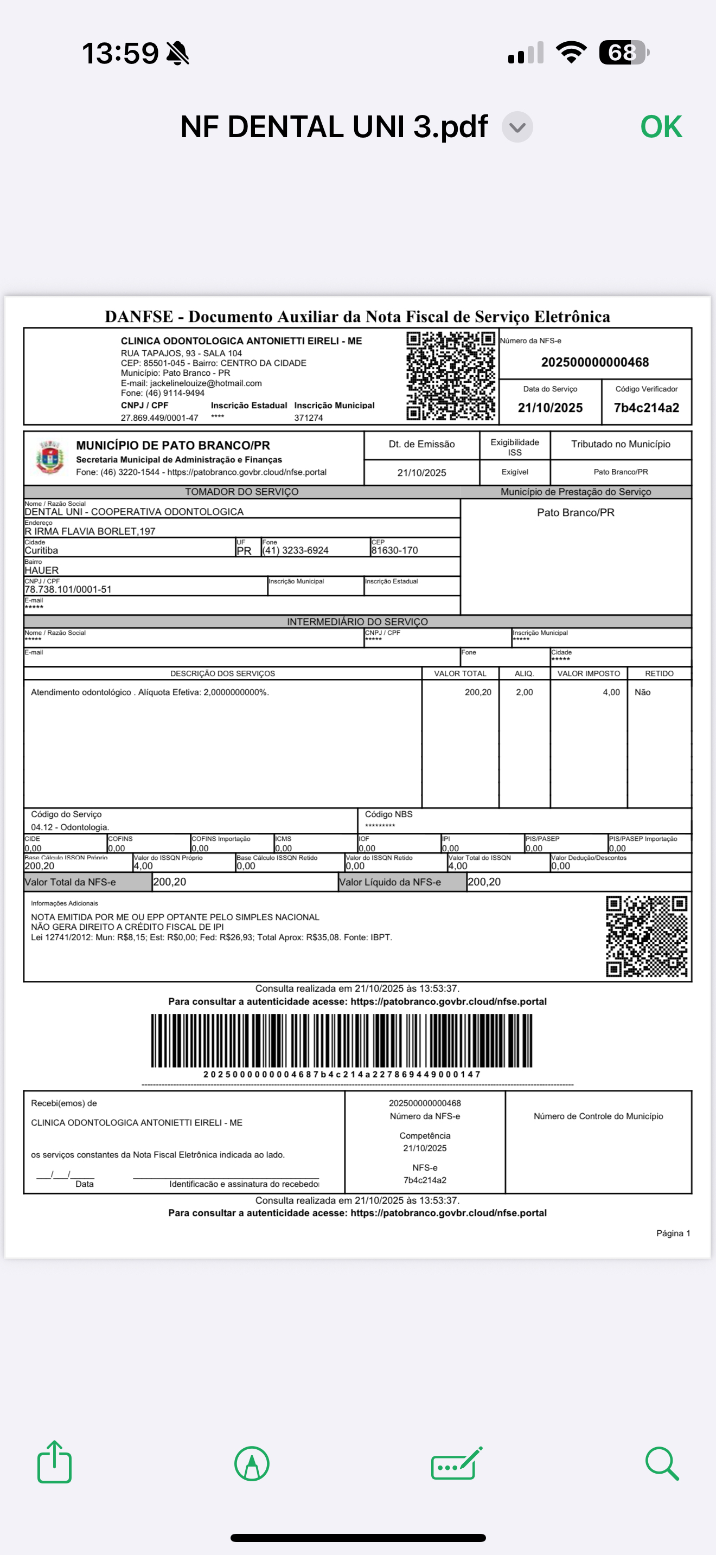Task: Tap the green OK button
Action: click(x=661, y=127)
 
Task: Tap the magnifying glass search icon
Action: click(x=662, y=1463)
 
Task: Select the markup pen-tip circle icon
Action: click(x=252, y=1463)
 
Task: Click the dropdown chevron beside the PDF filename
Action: click(x=517, y=127)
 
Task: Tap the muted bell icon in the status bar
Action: click(x=177, y=53)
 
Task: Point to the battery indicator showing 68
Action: click(x=624, y=53)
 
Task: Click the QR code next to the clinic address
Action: click(x=450, y=376)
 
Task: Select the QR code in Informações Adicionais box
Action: click(x=646, y=936)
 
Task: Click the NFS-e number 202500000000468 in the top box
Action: click(x=594, y=362)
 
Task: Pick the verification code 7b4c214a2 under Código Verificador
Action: click(x=646, y=408)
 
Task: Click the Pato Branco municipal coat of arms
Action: click(x=49, y=458)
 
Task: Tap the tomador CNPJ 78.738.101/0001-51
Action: click(x=68, y=589)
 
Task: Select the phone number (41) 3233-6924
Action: click(x=296, y=550)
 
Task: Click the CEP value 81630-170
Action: click(x=394, y=550)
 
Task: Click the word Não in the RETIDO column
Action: click(x=642, y=692)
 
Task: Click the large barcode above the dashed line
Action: click(x=342, y=1040)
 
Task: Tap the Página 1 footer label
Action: click(x=673, y=1233)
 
